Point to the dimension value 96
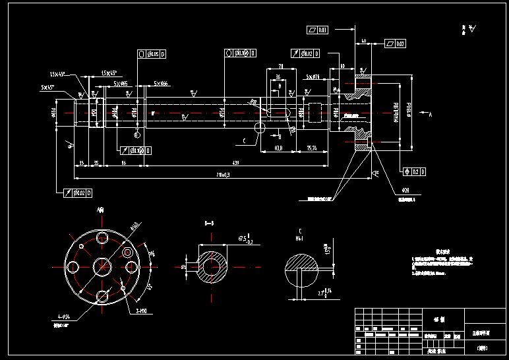(x=123, y=162)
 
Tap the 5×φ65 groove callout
(x=120, y=84)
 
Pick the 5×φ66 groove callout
(x=161, y=84)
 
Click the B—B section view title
(x=209, y=224)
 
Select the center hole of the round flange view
(x=102, y=266)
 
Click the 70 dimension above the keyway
(x=280, y=67)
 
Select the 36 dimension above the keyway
(x=279, y=77)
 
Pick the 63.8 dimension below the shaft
(x=278, y=149)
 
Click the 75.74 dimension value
(x=312, y=149)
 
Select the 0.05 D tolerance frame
(x=152, y=53)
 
